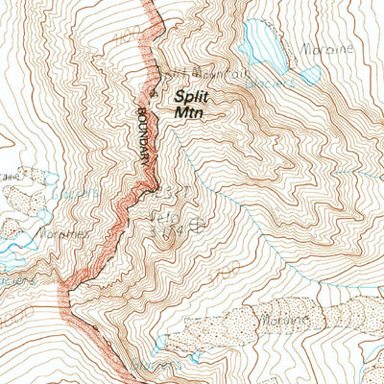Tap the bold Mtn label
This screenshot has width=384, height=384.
tap(188, 111)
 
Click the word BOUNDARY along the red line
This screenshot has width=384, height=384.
tap(147, 142)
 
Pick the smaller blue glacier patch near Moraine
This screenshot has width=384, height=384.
tap(310, 75)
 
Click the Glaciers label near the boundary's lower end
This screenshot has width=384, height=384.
tap(17, 281)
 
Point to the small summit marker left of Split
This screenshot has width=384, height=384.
tap(155, 93)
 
